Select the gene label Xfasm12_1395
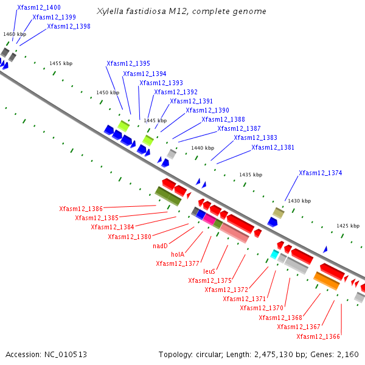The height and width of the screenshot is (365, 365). pos(128,63)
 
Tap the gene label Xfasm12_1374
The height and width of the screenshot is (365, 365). pos(320,173)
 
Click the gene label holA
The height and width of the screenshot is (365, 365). pos(177,254)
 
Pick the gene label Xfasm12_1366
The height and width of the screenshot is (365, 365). pos(318,336)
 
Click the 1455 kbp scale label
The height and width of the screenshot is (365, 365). pos(61,63)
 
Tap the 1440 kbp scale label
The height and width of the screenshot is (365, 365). pos(203,148)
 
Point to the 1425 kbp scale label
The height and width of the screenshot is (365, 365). pos(348,226)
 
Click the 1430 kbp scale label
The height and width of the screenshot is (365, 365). pos(299,201)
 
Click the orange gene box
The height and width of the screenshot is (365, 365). pos(327,281)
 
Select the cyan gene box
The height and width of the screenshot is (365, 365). pos(274,254)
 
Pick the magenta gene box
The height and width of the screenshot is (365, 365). pos(209,218)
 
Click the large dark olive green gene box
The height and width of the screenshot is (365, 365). pos(168,196)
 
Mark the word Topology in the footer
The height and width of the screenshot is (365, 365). pos(175,354)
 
